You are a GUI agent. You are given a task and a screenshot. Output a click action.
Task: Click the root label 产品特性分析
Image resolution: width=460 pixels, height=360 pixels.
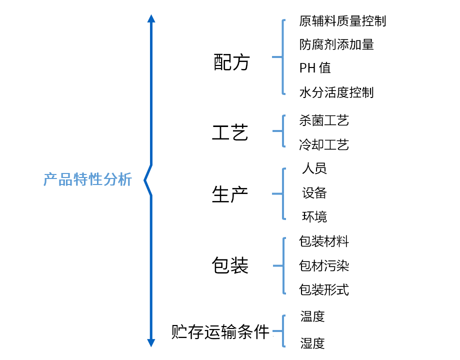pyautogui.click(x=87, y=179)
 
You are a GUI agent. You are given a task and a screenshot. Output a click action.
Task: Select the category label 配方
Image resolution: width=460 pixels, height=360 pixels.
pyautogui.click(x=231, y=62)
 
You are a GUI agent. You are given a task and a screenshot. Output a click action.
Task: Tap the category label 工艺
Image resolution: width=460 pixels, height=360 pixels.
pyautogui.click(x=230, y=133)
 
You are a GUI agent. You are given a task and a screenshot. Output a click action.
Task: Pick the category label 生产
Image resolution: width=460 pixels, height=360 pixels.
pyautogui.click(x=230, y=194)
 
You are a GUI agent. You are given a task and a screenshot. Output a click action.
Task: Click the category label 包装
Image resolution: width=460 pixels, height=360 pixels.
pyautogui.click(x=230, y=265)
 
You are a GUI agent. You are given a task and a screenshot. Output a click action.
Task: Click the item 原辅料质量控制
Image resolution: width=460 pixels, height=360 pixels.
pyautogui.click(x=342, y=21)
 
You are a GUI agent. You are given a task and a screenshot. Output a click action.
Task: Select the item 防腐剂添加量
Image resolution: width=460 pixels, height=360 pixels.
pyautogui.click(x=336, y=44)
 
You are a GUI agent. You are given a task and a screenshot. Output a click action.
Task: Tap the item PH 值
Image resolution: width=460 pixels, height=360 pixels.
pyautogui.click(x=315, y=68)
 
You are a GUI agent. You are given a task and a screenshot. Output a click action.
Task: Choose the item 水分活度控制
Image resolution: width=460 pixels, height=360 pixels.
pyautogui.click(x=336, y=92)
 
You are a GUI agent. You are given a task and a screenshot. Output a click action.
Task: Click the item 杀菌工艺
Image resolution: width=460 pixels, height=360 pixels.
pyautogui.click(x=324, y=120)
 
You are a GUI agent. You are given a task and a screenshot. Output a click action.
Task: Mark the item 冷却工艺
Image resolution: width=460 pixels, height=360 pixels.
pyautogui.click(x=324, y=145)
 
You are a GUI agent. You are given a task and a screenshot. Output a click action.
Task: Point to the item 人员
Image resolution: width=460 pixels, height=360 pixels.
pyautogui.click(x=314, y=168)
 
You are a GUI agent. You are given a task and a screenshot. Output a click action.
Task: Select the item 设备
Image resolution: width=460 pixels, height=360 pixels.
pyautogui.click(x=314, y=192)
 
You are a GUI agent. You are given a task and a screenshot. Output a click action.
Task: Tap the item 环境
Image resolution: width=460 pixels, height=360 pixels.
pyautogui.click(x=314, y=216)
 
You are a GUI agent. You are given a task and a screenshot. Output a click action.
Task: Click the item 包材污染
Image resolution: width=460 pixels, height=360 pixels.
pyautogui.click(x=324, y=265)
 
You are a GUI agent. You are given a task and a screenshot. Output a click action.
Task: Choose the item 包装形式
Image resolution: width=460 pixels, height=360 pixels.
pyautogui.click(x=324, y=289)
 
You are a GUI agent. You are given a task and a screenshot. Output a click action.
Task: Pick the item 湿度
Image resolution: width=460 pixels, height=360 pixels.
pyautogui.click(x=312, y=343)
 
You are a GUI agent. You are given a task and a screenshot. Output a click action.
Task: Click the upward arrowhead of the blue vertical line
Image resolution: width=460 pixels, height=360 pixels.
pyautogui.click(x=151, y=18)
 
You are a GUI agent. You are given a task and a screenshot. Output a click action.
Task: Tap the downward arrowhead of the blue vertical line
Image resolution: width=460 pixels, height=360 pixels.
pyautogui.click(x=151, y=342)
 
